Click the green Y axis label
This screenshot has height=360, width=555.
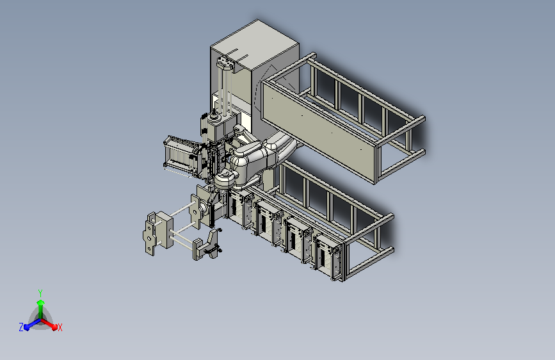[x=40, y=291]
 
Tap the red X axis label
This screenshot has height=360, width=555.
[x=60, y=327]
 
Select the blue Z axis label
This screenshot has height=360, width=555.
[x=21, y=327]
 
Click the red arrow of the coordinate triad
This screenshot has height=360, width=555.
[x=51, y=324]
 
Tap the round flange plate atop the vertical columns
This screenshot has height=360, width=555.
[x=225, y=63]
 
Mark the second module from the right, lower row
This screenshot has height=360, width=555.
[x=298, y=240]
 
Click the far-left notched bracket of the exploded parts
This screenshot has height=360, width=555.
[x=150, y=234]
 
